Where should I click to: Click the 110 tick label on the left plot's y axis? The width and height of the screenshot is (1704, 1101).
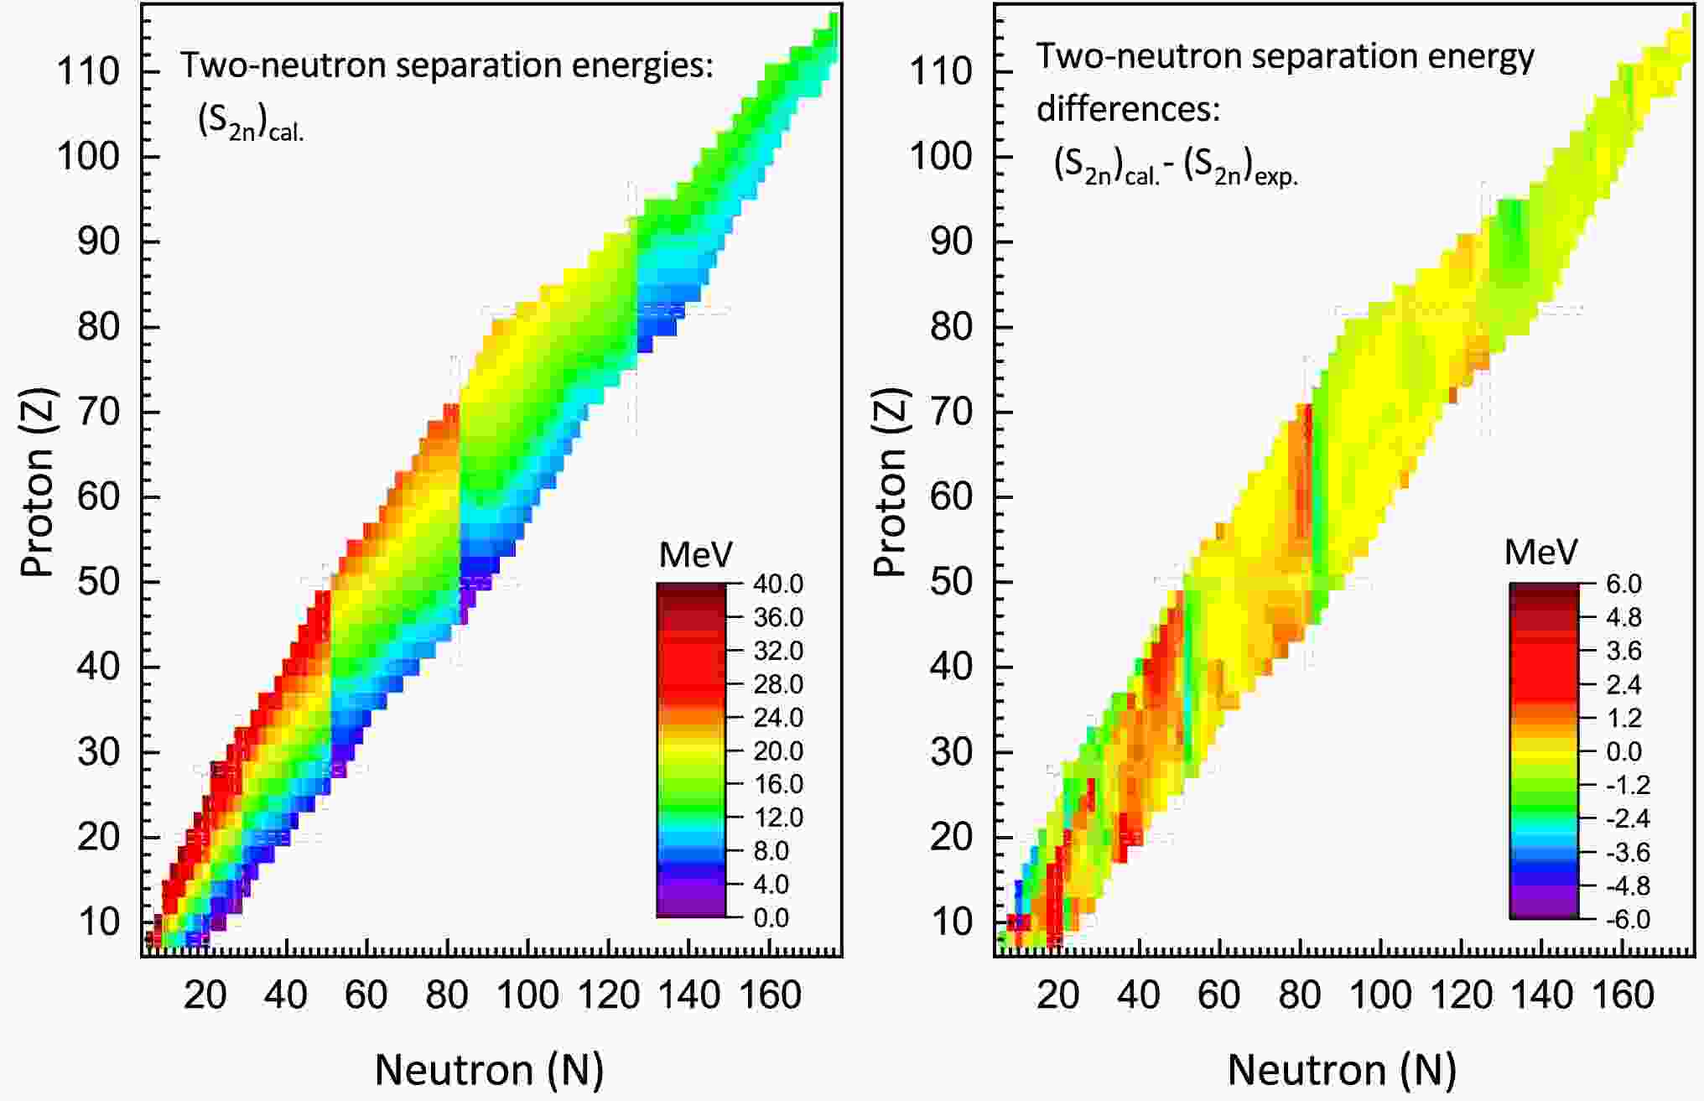point(88,71)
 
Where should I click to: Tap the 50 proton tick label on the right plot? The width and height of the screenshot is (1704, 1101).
point(952,582)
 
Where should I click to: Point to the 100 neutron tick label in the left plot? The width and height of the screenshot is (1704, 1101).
point(527,995)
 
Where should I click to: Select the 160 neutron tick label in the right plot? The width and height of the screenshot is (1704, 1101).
point(1623,995)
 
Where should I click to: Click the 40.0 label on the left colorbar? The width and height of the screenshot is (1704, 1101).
point(778,584)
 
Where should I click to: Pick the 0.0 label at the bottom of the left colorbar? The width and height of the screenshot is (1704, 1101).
point(771,917)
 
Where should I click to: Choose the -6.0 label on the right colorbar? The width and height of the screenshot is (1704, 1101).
point(1626,919)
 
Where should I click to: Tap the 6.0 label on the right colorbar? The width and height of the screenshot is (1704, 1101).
point(1623,584)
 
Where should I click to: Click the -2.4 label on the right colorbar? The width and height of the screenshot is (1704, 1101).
point(1626,818)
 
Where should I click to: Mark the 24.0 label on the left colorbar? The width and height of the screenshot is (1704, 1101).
point(778,718)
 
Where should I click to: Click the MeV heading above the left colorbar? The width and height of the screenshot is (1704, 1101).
point(695,554)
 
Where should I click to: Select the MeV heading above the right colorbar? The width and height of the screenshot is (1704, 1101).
point(1541,552)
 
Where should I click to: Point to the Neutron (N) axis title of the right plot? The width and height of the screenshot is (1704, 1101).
point(1342,1070)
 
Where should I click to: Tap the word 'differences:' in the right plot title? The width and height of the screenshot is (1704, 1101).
point(1128,109)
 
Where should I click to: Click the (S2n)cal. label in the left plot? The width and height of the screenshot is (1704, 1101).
point(250,123)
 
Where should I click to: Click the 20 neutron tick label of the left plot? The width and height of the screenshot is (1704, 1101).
point(205,995)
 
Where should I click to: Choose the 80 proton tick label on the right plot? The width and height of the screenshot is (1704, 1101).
point(952,326)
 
